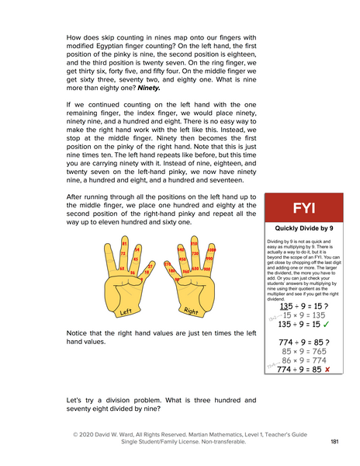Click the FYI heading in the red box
pyautogui.click(x=303, y=209)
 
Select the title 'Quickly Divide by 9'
pyautogui.click(x=303, y=229)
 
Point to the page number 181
pyautogui.click(x=334, y=441)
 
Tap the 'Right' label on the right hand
pyautogui.click(x=192, y=311)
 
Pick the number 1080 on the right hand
pyautogui.click(x=212, y=251)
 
